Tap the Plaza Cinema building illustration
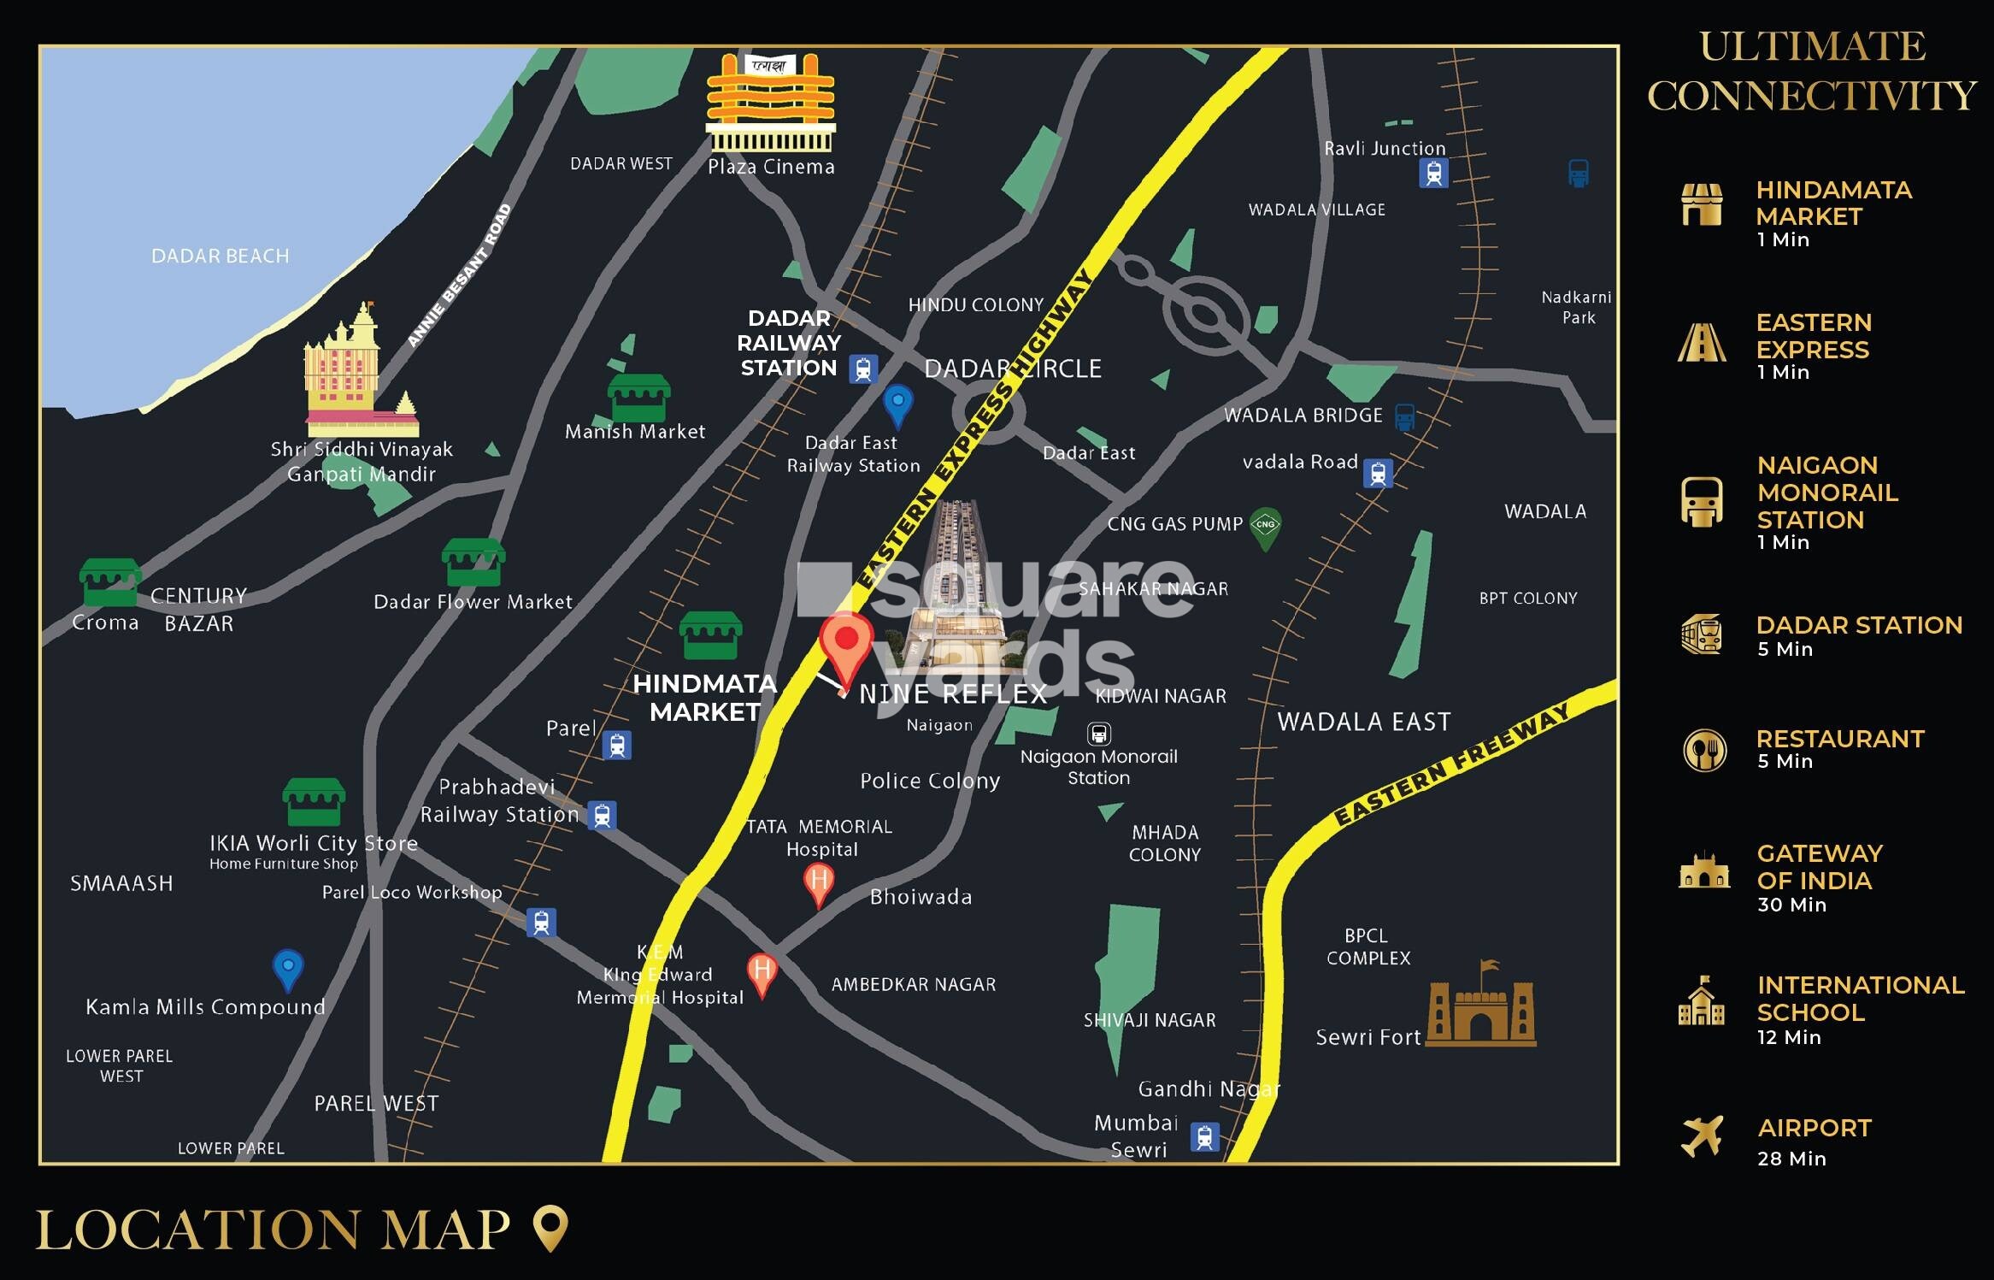(770, 103)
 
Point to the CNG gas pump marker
(1266, 527)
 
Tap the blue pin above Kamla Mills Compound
(288, 969)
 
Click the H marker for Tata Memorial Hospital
(819, 882)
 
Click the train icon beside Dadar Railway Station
(862, 369)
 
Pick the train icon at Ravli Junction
(1433, 174)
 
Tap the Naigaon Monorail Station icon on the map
(1098, 734)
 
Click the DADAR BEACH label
(220, 256)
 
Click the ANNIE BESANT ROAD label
(459, 275)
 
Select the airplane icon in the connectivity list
(1702, 1135)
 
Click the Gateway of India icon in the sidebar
(1703, 871)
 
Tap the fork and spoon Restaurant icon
(1703, 750)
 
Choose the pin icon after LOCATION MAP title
(550, 1228)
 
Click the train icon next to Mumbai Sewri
(1204, 1137)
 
